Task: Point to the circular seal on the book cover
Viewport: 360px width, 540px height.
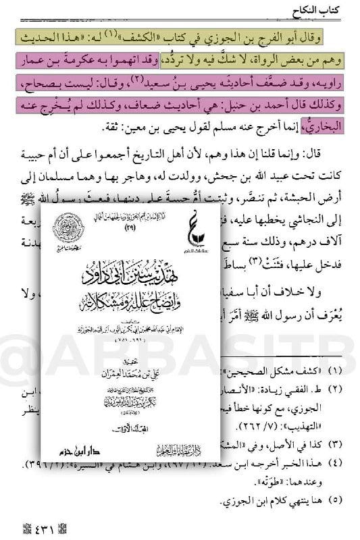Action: pyautogui.click(x=68, y=230)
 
